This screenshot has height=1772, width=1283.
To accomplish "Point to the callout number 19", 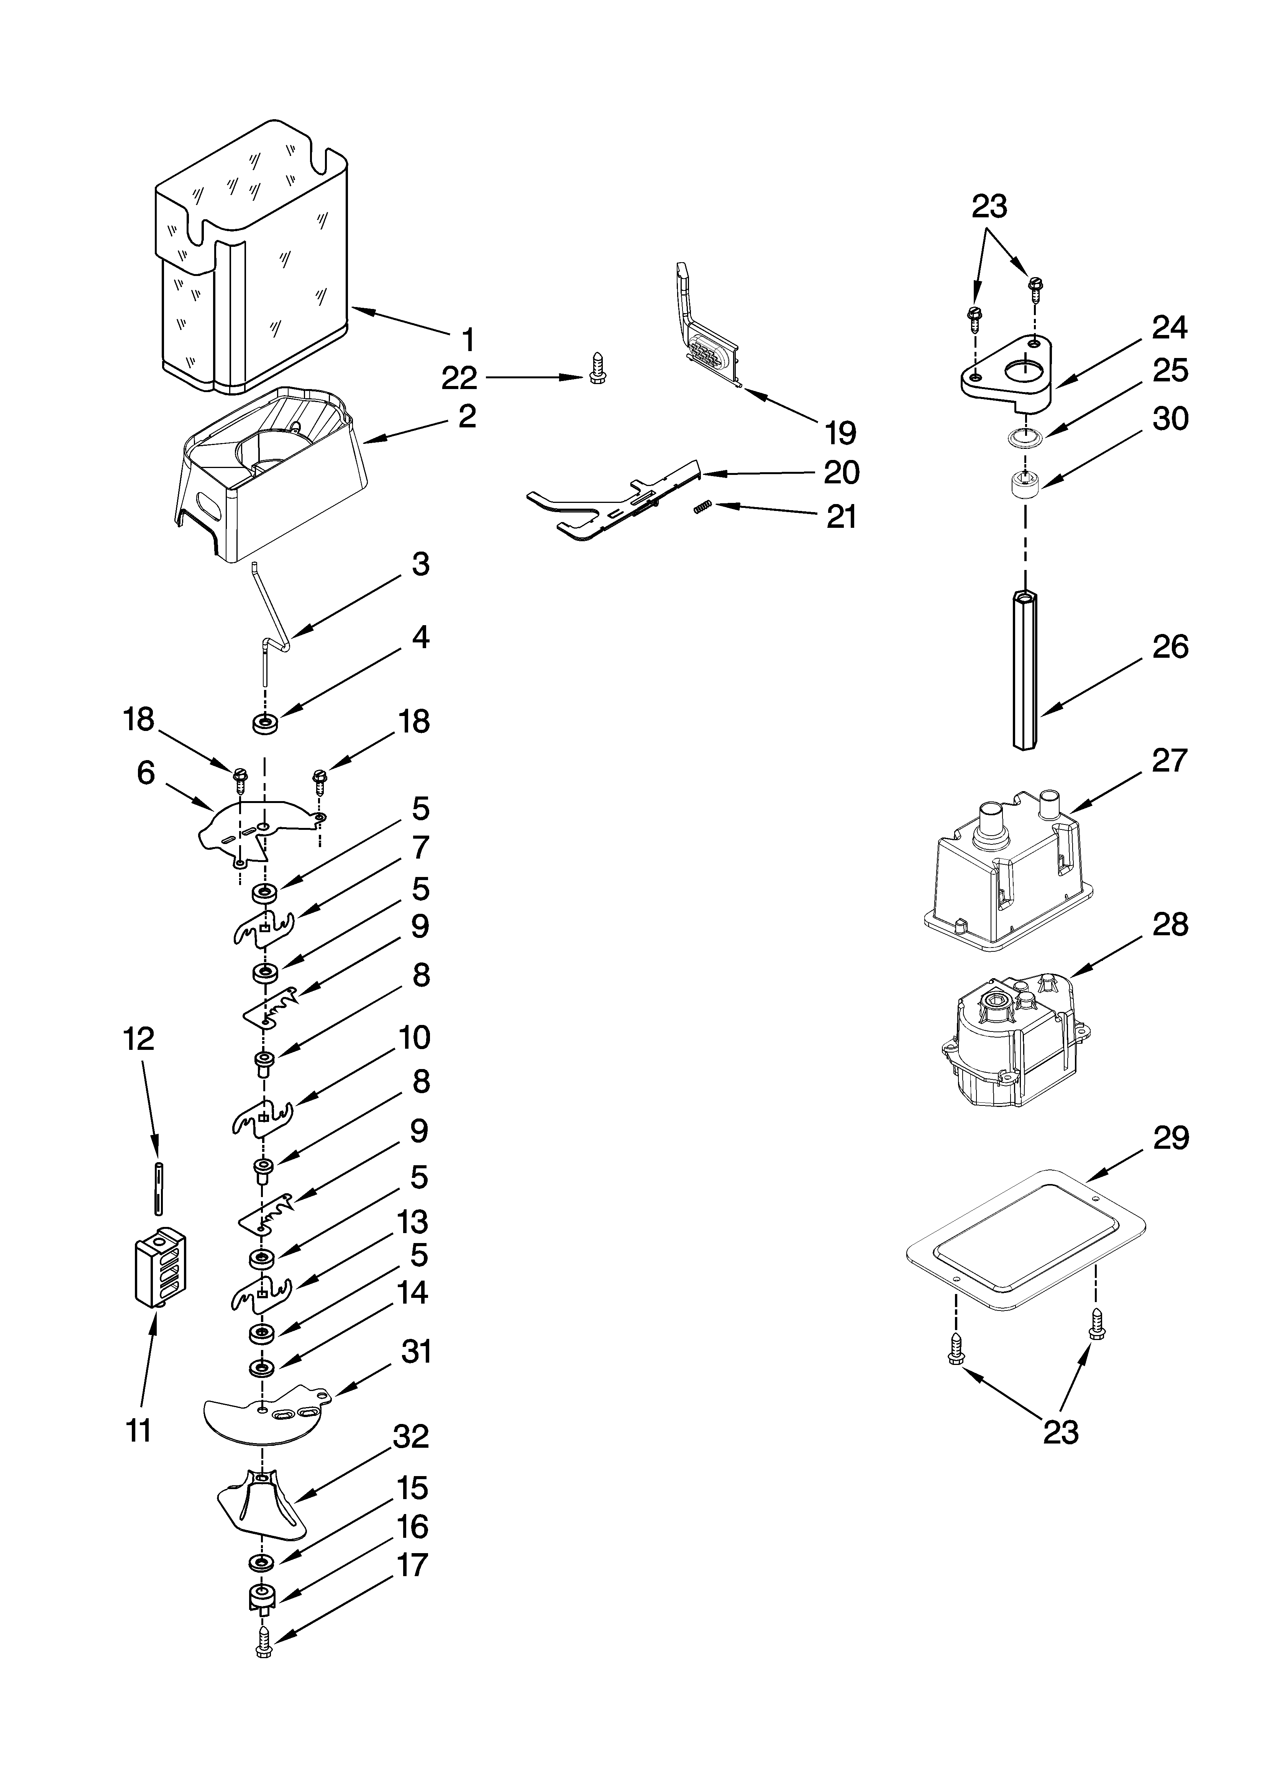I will pyautogui.click(x=840, y=432).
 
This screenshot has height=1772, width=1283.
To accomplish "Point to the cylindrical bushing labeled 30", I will pyautogui.click(x=1024, y=486).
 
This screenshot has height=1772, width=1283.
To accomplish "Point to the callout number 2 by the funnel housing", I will pyautogui.click(x=466, y=415).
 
